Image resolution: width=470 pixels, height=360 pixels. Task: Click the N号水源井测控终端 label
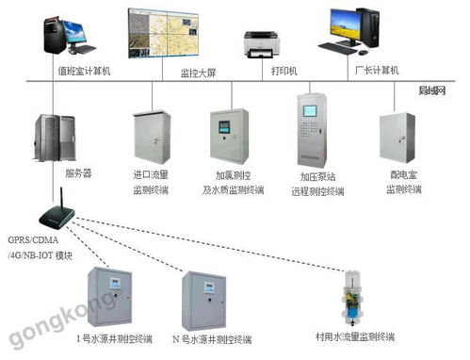tap(210, 336)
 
